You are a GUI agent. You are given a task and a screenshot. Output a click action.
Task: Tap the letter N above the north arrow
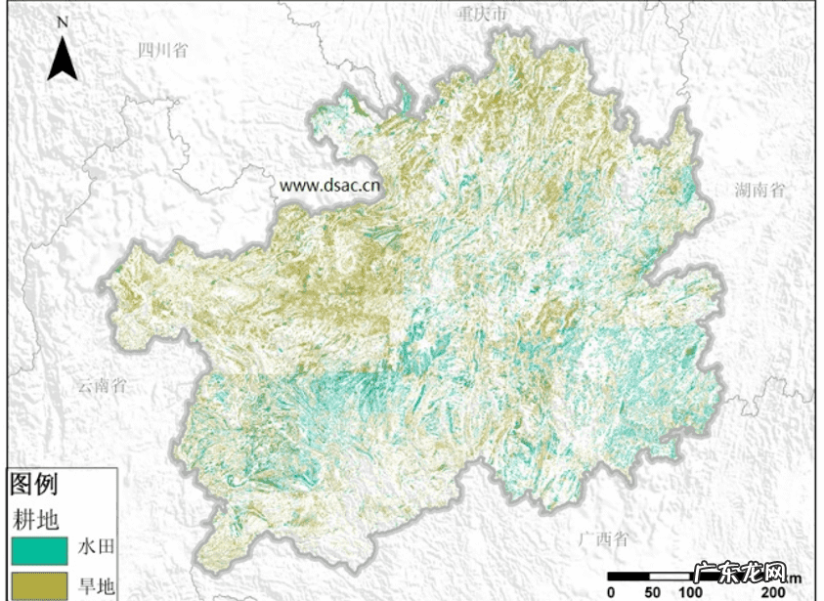63,21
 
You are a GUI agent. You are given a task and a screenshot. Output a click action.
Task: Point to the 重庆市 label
483,15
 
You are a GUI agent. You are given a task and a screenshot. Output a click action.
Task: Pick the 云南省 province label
102,386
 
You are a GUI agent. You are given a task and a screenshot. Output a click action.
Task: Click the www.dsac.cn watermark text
329,184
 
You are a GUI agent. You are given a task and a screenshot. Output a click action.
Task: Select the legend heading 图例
34,484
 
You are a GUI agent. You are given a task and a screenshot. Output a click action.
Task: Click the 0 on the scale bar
611,592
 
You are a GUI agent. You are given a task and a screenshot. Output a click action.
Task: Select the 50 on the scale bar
651,592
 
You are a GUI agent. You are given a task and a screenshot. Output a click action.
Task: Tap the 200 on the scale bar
772,592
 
